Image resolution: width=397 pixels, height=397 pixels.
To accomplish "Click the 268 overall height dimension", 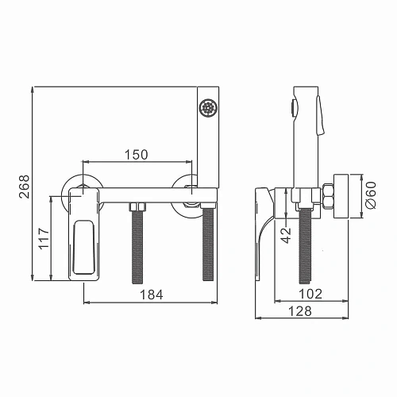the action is [24, 187].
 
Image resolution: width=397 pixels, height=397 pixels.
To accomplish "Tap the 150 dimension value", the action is [137, 155].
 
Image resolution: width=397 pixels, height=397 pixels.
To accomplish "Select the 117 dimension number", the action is [44, 238].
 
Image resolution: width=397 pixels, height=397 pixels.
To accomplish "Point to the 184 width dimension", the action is [152, 295].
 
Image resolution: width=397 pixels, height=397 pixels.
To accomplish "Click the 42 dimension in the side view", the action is [286, 236].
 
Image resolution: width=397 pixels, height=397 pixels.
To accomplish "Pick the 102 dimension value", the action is [310, 294].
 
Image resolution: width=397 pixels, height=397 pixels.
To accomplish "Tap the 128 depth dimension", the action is [300, 311].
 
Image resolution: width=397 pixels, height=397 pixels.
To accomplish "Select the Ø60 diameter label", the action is [370, 195].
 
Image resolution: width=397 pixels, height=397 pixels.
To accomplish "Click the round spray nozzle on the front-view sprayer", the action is [208, 107].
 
